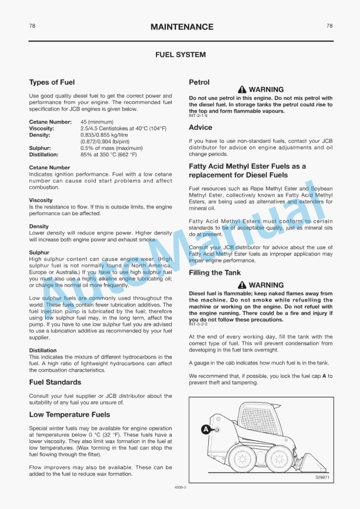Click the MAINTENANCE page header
182,27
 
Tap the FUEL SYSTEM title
180,55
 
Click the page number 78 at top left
32,26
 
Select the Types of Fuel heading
52,82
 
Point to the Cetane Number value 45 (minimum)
96,122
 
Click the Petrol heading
199,82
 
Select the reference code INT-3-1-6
198,116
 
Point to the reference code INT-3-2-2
198,324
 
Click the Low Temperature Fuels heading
69,414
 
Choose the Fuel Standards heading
55,382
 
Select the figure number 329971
322,477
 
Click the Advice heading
201,127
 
